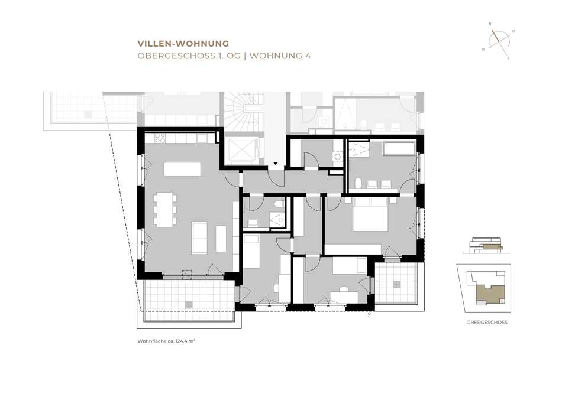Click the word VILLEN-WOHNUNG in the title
(183, 44)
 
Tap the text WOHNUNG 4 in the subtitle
(280, 56)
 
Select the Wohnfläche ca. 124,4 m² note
(166, 341)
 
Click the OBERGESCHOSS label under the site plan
(487, 322)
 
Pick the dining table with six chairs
(165, 209)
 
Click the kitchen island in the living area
(182, 169)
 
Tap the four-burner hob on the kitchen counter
(160, 138)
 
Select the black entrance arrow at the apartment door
(275, 163)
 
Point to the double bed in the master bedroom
(371, 214)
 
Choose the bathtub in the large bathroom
(400, 149)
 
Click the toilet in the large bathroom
(358, 183)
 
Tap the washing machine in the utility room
(337, 157)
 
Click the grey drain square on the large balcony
(189, 305)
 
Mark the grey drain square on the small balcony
(397, 284)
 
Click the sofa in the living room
(199, 238)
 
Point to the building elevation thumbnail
(486, 246)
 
